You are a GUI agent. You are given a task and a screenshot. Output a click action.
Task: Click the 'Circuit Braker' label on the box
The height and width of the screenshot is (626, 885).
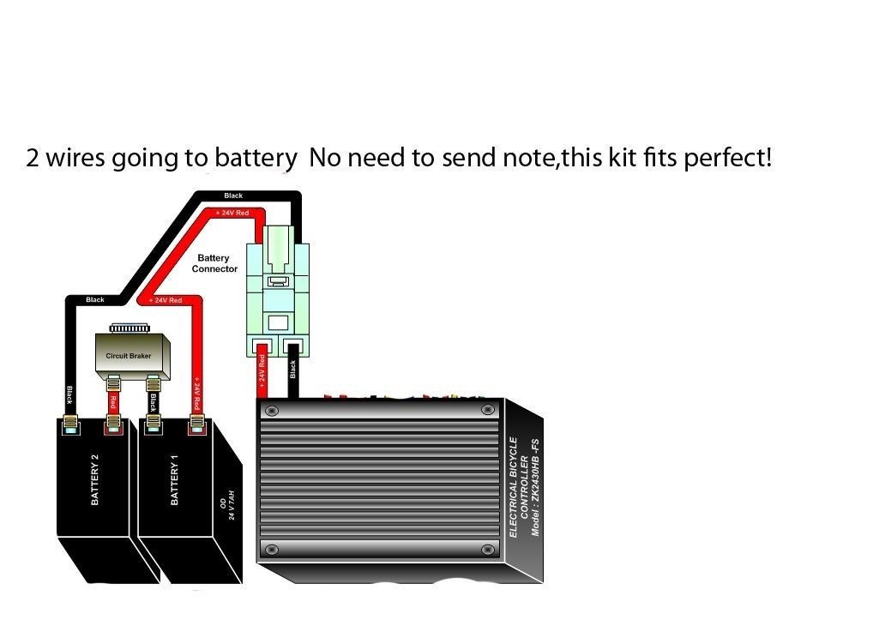(x=128, y=355)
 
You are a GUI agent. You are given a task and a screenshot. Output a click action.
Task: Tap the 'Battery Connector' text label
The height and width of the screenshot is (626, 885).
(x=214, y=263)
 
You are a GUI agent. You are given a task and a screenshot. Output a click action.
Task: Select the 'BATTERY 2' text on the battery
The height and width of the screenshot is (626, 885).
(x=94, y=485)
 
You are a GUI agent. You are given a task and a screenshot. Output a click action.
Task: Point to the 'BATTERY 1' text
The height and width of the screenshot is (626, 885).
(x=175, y=485)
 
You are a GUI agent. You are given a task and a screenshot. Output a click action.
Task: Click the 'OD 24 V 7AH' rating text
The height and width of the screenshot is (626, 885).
(x=227, y=509)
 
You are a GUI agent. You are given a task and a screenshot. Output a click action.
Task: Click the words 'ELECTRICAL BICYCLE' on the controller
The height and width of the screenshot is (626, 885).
(x=514, y=486)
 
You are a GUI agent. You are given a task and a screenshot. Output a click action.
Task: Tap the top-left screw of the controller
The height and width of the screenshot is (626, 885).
(x=272, y=411)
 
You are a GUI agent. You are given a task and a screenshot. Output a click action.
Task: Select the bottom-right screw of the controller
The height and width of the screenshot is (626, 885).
(x=488, y=548)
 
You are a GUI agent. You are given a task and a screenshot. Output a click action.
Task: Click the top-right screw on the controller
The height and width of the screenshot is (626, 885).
(x=488, y=411)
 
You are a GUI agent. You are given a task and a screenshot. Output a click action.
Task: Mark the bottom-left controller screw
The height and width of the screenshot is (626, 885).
(x=272, y=548)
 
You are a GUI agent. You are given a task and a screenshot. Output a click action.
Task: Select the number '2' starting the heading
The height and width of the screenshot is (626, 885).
(x=33, y=159)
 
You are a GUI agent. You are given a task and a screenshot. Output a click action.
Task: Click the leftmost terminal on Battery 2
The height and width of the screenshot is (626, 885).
(x=70, y=423)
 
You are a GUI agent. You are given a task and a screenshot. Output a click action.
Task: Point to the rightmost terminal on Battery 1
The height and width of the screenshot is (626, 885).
(x=197, y=423)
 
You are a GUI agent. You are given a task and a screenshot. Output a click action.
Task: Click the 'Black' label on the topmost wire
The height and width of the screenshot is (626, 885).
(x=233, y=196)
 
